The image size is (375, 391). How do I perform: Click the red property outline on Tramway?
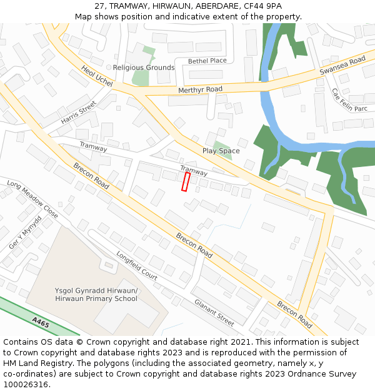(186, 182)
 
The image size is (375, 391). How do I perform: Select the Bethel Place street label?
(207, 61)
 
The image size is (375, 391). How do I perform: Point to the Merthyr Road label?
(200, 90)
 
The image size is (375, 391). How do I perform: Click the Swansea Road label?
(342, 65)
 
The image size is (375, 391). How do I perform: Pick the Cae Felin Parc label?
(349, 99)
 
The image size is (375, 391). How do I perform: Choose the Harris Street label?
(79, 111)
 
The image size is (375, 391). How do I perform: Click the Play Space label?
(221, 151)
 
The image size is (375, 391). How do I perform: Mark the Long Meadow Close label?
(32, 199)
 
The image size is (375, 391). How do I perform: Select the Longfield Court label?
(136, 265)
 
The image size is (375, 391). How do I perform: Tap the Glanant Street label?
(214, 312)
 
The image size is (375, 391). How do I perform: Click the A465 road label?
(41, 322)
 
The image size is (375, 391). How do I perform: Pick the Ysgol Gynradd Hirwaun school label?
(96, 295)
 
